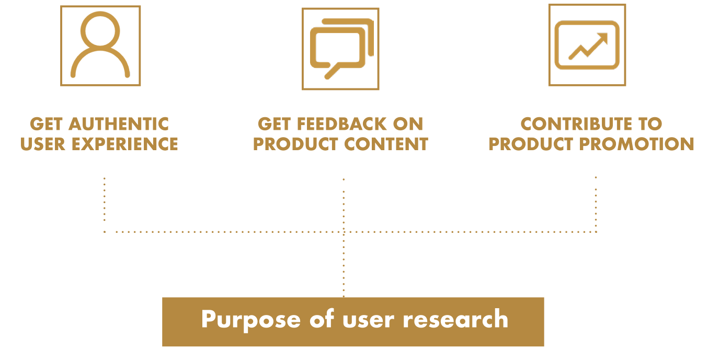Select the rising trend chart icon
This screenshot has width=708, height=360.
[587, 45]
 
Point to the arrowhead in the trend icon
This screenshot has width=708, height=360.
[603, 37]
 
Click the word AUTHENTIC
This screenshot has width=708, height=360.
[119, 123]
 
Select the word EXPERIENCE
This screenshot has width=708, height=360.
[125, 144]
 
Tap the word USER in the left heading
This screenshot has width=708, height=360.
[43, 144]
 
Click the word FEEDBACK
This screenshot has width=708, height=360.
[342, 123]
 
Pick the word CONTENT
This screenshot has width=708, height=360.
[386, 144]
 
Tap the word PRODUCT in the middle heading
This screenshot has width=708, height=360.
[295, 144]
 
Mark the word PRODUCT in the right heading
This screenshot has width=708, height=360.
[531, 144]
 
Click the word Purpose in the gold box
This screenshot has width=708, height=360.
[251, 320]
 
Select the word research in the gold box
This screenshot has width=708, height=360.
[455, 319]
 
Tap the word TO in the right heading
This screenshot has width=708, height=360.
[650, 123]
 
